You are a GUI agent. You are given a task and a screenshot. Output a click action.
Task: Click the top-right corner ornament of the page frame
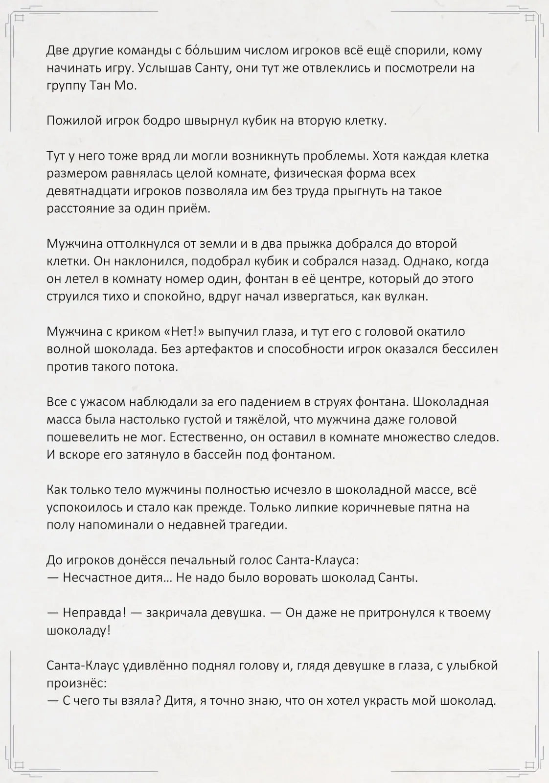click(530, 18)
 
